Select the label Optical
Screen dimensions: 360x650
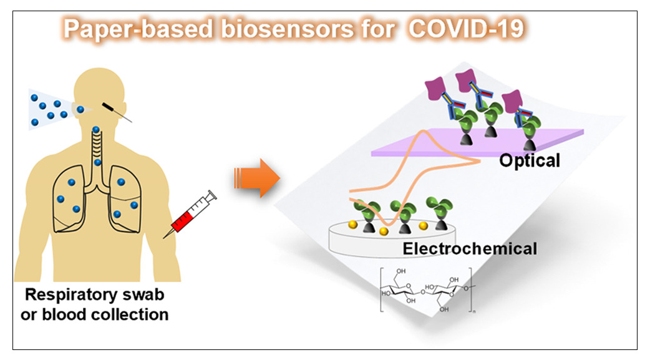pos(530,160)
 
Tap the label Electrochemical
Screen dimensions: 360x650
pos(470,248)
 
